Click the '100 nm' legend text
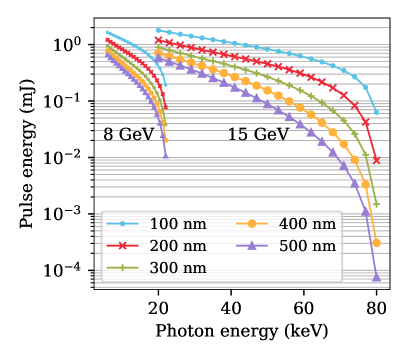(178, 224)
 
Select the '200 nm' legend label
(178, 246)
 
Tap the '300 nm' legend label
(178, 268)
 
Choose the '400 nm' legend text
(306, 224)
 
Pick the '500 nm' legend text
(306, 246)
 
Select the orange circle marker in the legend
(252, 224)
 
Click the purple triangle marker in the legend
(252, 246)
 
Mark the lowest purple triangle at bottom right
(377, 278)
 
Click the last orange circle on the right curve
(376, 243)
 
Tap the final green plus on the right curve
(376, 205)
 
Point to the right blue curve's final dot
(376, 113)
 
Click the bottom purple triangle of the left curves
(165, 155)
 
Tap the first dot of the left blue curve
(107, 32)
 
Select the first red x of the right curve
(158, 40)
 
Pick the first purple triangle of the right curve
(157, 59)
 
